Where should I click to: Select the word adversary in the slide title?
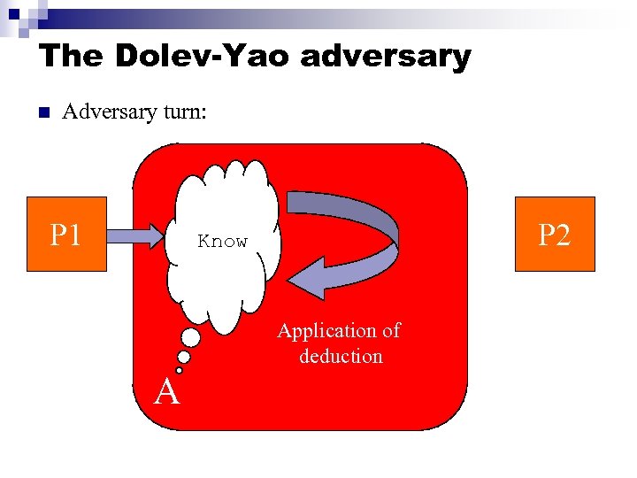click(385, 57)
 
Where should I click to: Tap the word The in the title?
click(70, 57)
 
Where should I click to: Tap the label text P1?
click(66, 235)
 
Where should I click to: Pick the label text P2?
click(555, 235)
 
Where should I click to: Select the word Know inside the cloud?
click(223, 241)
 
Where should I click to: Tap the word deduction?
click(341, 357)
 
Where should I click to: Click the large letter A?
click(167, 389)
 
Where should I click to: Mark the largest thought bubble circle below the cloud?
click(190, 337)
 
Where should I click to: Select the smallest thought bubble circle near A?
click(179, 370)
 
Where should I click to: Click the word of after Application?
click(391, 331)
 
